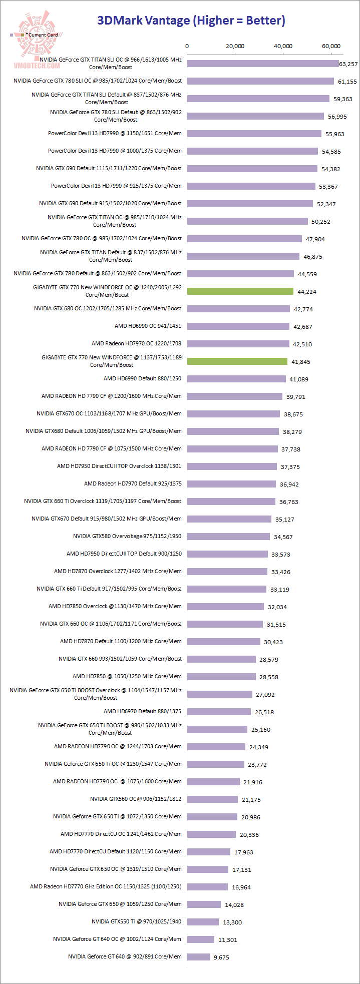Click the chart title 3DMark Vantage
pyautogui.click(x=191, y=20)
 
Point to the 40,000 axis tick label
pyautogui.click(x=283, y=46)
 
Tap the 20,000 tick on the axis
pyautogui.click(x=235, y=46)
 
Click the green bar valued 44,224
pyautogui.click(x=240, y=291)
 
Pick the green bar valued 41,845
pyautogui.click(x=237, y=361)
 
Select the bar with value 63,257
pyautogui.click(x=263, y=64)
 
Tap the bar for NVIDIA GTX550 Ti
pyautogui.click(x=203, y=921)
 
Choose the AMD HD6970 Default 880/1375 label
pyautogui.click(x=142, y=711)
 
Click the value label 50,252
pyautogui.click(x=320, y=222)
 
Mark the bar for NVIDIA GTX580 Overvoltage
pyautogui.click(x=228, y=537)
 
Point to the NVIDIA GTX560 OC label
pyautogui.click(x=135, y=799)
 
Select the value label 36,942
pyautogui.click(x=290, y=484)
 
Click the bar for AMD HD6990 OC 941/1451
pyautogui.click(x=238, y=326)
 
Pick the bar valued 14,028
pyautogui.click(x=204, y=904)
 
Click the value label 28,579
pyautogui.click(x=270, y=660)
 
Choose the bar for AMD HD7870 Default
pyautogui.click(x=224, y=642)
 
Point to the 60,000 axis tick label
pyautogui.click(x=331, y=46)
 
